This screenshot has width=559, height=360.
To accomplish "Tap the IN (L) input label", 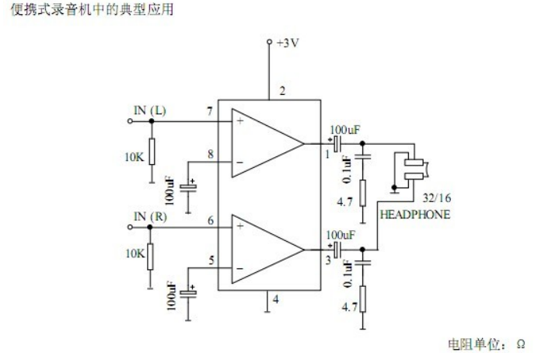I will click(x=149, y=110).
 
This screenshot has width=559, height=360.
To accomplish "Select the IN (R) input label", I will click(x=150, y=215).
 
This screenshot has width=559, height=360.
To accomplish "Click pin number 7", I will click(x=209, y=113).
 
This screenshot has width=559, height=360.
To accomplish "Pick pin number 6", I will click(x=209, y=219).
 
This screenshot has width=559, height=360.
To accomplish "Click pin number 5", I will click(x=209, y=260).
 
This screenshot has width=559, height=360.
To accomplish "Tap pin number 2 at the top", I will click(x=282, y=91).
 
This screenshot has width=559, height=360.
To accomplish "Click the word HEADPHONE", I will click(x=414, y=215).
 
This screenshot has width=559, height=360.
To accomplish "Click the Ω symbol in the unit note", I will click(x=521, y=342).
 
